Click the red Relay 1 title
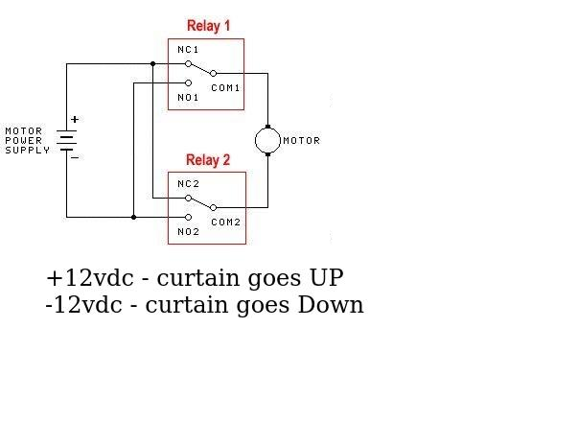[x=208, y=26]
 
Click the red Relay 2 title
[x=208, y=160]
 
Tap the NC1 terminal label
[x=187, y=49]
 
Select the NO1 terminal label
[x=187, y=98]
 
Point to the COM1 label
[x=226, y=87]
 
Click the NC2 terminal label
[x=187, y=183]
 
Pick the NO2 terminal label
[x=187, y=231]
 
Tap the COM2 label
[x=226, y=222]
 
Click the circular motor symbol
[x=267, y=140]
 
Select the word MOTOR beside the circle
[x=301, y=141]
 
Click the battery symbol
[x=66, y=140]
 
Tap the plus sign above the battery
[x=75, y=120]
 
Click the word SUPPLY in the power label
[x=26, y=151]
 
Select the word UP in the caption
[x=325, y=279]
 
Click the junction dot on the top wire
[x=152, y=64]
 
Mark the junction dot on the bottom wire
[x=133, y=217]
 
